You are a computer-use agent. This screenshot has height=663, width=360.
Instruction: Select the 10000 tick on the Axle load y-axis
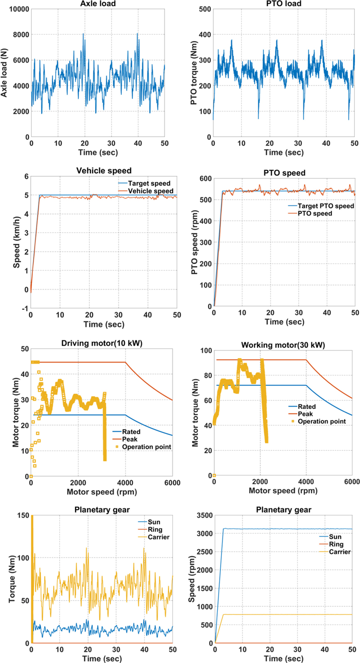(x=17, y=9)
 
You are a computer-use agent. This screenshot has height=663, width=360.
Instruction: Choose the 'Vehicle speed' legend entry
(x=151, y=192)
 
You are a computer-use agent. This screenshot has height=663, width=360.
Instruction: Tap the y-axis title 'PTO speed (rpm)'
(x=194, y=241)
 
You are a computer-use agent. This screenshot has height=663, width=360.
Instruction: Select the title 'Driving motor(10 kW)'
(x=102, y=345)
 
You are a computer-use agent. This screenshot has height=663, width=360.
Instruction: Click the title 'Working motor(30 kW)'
(x=283, y=345)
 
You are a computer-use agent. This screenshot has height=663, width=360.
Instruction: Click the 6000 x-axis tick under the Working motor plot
(x=352, y=483)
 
